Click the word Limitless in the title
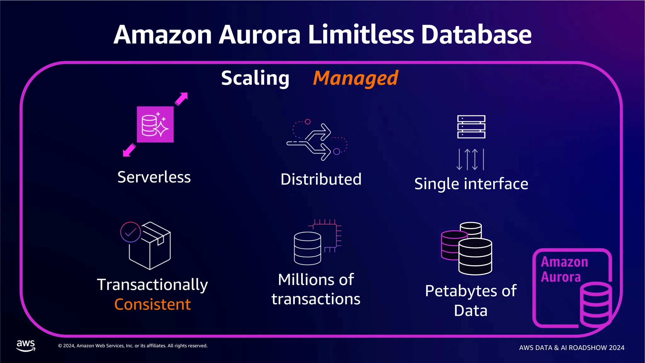pos(361,35)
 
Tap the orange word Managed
pos(356,78)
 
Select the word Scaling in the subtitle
pos(255,78)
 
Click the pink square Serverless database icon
pos(155,124)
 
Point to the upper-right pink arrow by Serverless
pos(182,99)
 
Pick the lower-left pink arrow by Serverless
pos(129,150)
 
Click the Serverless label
pos(154,177)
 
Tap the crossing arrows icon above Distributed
pos(317,140)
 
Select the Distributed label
pos(321,179)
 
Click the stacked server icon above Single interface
pos(471,127)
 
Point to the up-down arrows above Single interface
pos(470,159)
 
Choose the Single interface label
pos(471,184)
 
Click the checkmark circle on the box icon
pos(130,232)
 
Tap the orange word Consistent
pos(152,304)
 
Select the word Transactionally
pos(152,285)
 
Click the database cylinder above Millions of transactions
pos(307,248)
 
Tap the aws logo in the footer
pos(26,346)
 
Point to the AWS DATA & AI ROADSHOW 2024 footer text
pos(572,348)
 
